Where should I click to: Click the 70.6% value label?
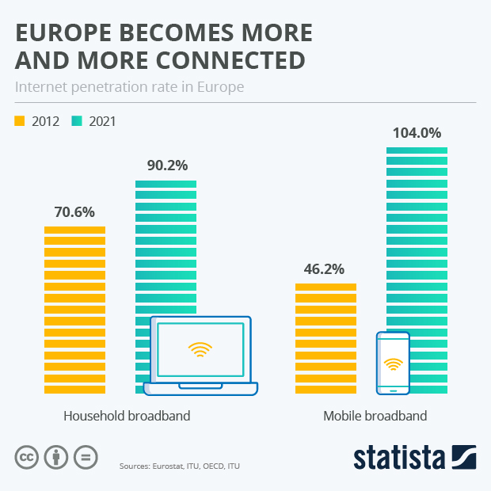(x=74, y=212)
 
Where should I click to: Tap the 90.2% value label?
(x=167, y=166)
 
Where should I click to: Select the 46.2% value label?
(x=325, y=269)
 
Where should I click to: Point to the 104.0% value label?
(x=417, y=133)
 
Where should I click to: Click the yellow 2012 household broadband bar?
(x=74, y=309)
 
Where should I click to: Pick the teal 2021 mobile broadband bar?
(x=428, y=238)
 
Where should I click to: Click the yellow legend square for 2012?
(x=20, y=121)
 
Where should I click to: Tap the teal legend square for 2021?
(x=78, y=121)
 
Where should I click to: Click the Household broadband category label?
(x=127, y=416)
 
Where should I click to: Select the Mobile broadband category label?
(x=375, y=416)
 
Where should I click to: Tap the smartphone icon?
(x=393, y=363)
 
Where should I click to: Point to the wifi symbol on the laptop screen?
(x=200, y=349)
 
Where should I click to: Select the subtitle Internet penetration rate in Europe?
(x=129, y=86)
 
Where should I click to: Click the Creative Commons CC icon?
(x=27, y=457)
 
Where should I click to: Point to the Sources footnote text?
(x=179, y=467)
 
